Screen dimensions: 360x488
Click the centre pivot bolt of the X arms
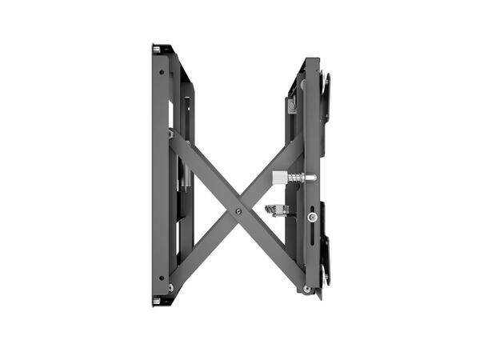point(238,212)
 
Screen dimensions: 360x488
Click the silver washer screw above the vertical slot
point(312,216)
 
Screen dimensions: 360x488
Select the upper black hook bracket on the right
point(326,96)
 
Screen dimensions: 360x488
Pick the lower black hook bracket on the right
point(326,260)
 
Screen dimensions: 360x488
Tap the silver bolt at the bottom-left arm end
point(171,286)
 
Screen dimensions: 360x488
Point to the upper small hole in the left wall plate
point(162,73)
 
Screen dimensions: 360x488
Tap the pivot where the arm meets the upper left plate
point(170,134)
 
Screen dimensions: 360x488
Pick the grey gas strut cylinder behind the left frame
point(183,172)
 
